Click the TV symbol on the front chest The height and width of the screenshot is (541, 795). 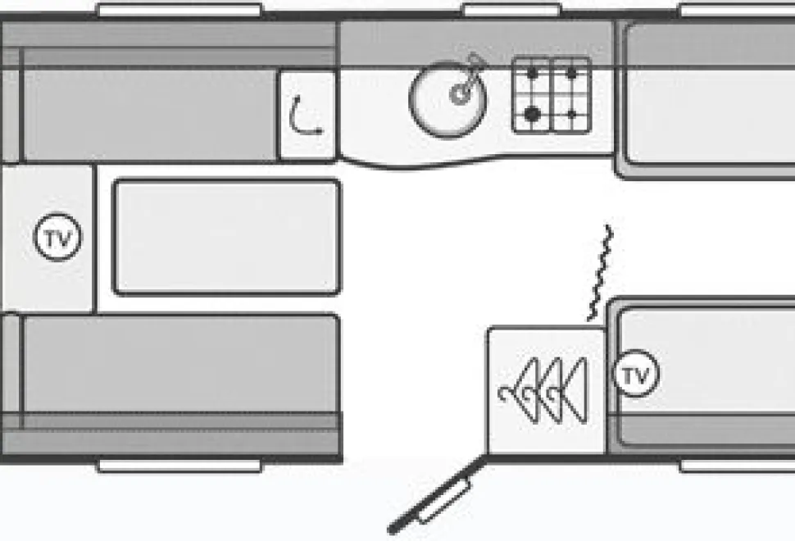57,237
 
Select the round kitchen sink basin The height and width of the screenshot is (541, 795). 447,99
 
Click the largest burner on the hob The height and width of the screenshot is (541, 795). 532,114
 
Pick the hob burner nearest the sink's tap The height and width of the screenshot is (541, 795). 532,73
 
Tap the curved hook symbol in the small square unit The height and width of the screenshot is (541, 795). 305,116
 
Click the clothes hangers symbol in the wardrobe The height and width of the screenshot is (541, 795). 543,390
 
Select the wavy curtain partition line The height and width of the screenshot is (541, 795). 600,273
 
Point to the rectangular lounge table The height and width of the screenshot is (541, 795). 226,237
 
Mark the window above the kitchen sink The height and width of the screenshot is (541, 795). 512,10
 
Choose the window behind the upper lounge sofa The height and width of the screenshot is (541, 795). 179,10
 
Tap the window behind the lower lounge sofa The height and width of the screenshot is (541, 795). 179,466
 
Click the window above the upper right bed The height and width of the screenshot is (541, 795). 737,10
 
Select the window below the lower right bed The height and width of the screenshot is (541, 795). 737,466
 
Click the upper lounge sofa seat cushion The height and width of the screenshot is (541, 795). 149,115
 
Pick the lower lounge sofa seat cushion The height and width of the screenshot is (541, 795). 180,364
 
